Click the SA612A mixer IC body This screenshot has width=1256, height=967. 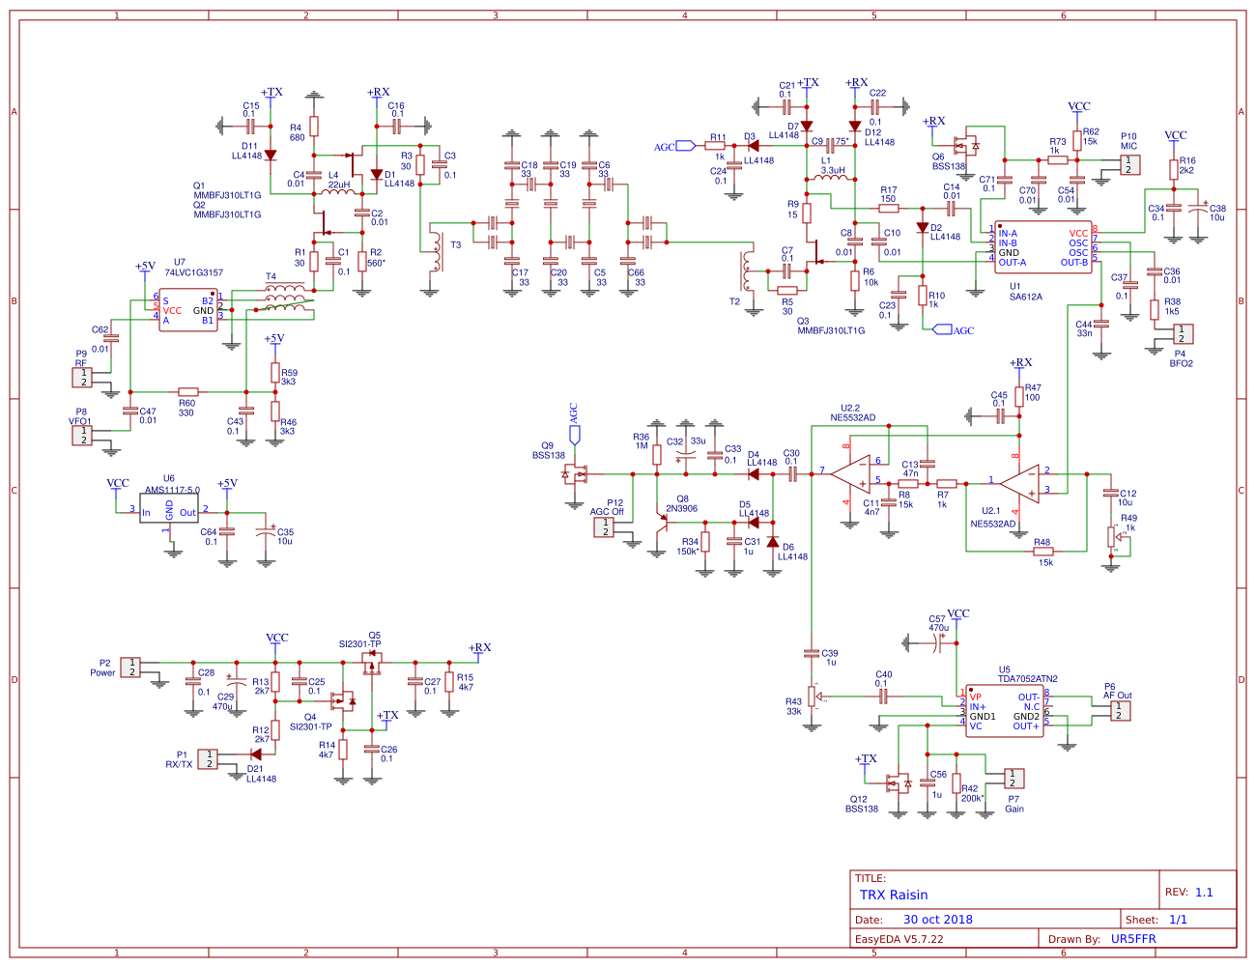pyautogui.click(x=1042, y=247)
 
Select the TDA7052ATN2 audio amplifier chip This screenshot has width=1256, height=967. pyautogui.click(x=1005, y=711)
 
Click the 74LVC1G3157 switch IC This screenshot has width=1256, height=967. pyautogui.click(x=188, y=310)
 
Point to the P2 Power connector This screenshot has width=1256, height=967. pyautogui.click(x=129, y=667)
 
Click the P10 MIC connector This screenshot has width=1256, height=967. pyautogui.click(x=1128, y=164)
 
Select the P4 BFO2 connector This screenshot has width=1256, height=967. pyautogui.click(x=1182, y=334)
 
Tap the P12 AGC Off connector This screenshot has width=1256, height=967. pyautogui.click(x=604, y=527)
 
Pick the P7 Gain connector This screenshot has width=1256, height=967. pyautogui.click(x=1013, y=778)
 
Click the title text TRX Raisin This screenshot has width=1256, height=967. pyautogui.click(x=894, y=896)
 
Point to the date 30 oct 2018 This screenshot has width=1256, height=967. pyautogui.click(x=937, y=920)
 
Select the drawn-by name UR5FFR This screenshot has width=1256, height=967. pyautogui.click(x=1133, y=939)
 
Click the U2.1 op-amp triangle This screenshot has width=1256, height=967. pyautogui.click(x=1021, y=481)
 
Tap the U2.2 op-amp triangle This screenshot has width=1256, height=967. pyautogui.click(x=852, y=472)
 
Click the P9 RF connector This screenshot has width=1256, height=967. pyautogui.click(x=82, y=378)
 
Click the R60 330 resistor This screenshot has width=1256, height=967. pyautogui.click(x=188, y=392)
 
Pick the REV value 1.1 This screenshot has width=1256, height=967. pyautogui.click(x=1204, y=893)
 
